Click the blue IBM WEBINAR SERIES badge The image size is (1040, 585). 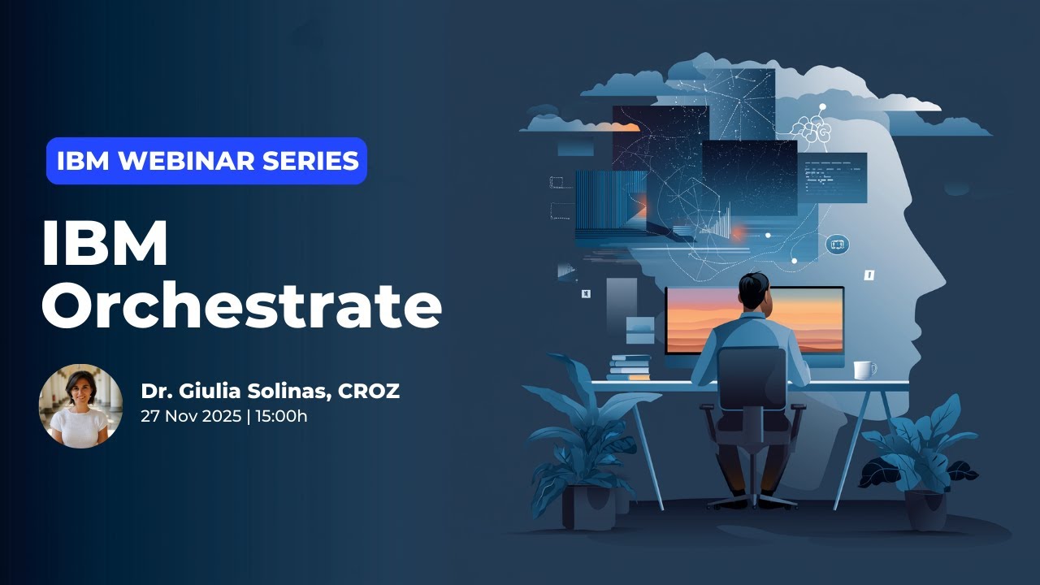(206, 161)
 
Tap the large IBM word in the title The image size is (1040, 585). (104, 244)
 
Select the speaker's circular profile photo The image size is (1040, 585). (80, 406)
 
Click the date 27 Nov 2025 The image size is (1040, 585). (190, 417)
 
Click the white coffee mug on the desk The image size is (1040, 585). (864, 370)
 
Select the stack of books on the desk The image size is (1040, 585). (630, 367)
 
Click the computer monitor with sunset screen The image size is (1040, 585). (754, 321)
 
